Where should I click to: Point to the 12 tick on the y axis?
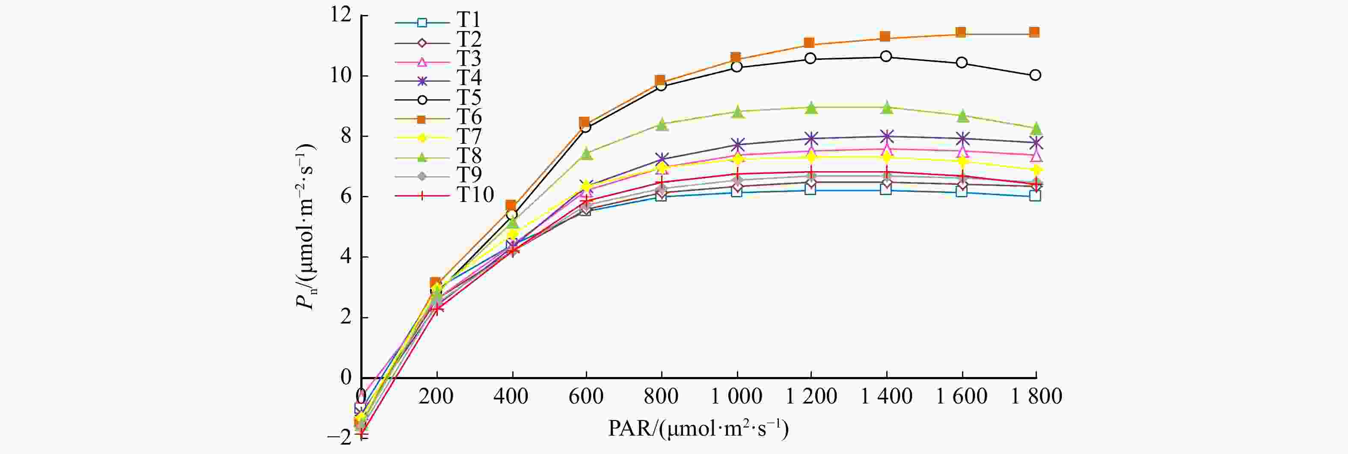(x=341, y=15)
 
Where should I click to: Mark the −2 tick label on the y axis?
(x=340, y=437)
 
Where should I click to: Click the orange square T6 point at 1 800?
(x=1035, y=33)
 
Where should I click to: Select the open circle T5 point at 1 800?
(x=1035, y=75)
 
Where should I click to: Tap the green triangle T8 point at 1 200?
(x=811, y=108)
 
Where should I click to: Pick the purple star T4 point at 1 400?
(x=886, y=136)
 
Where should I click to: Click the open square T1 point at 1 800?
(x=1035, y=196)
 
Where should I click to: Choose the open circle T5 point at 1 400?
(x=886, y=56)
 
